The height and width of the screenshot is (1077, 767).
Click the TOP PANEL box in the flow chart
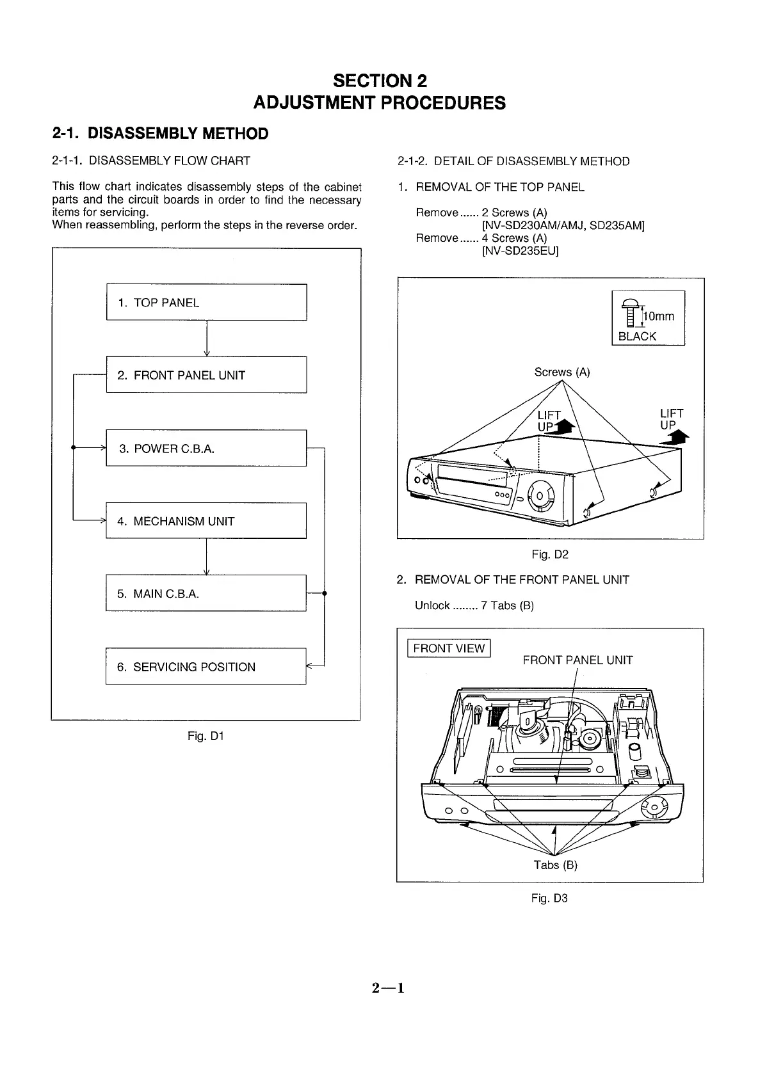(x=206, y=302)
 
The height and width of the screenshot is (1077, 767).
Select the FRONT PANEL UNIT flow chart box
(x=206, y=375)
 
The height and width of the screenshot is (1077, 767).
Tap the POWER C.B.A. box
(x=206, y=448)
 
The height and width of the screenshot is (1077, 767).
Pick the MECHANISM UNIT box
(x=206, y=521)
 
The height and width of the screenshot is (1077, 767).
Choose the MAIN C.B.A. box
(x=206, y=593)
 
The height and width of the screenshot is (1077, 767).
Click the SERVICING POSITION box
(x=206, y=666)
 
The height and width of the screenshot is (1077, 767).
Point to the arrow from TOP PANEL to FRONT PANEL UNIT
(x=207, y=339)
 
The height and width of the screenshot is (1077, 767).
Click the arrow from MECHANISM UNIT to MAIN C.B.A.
(x=207, y=557)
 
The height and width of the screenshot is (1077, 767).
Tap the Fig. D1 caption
(x=206, y=736)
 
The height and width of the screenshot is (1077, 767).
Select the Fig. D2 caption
(x=550, y=554)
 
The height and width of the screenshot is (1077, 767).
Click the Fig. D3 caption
(x=549, y=898)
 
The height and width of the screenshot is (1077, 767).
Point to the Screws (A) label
(x=562, y=372)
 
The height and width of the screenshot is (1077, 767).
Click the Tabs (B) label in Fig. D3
(x=555, y=865)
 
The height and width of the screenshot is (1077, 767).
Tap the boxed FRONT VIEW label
(x=449, y=648)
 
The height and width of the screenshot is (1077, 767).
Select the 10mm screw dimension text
(x=659, y=316)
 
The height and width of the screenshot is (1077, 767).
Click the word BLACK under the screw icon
(x=637, y=336)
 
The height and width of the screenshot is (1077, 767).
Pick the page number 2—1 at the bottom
(x=387, y=988)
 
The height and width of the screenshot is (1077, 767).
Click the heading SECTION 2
(x=380, y=81)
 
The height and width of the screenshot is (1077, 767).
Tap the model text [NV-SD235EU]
(x=520, y=250)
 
